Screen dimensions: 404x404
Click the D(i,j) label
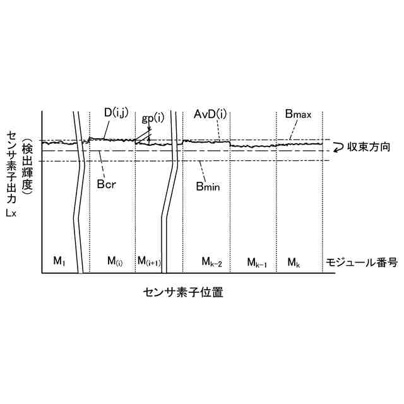116,113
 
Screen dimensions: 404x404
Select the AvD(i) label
210,114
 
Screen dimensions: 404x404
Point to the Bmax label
298,115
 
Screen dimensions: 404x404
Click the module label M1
59,260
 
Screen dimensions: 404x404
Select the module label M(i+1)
150,260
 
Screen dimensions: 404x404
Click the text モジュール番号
361,261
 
